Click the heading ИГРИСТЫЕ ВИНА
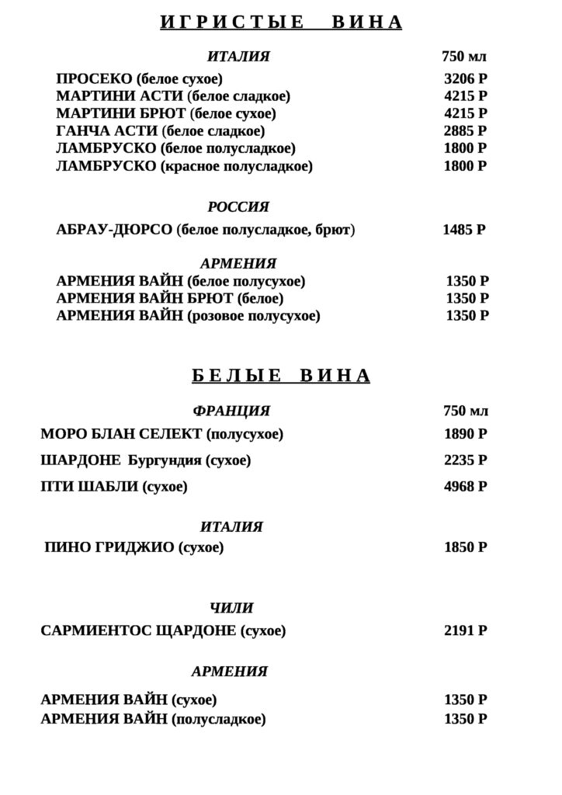[281, 23]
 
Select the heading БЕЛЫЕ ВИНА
[281, 377]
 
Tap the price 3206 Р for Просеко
[465, 79]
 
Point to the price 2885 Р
[465, 130]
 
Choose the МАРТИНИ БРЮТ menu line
[166, 113]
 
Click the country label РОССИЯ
[238, 207]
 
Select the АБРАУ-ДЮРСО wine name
[115, 230]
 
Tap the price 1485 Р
[464, 230]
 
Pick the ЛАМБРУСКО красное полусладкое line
[184, 166]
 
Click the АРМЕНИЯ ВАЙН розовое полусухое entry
[188, 316]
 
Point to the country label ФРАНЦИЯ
[231, 411]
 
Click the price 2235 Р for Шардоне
[465, 460]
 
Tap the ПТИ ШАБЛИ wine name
[82, 487]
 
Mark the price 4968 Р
[465, 487]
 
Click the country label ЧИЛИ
[231, 608]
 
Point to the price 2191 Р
[465, 631]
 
